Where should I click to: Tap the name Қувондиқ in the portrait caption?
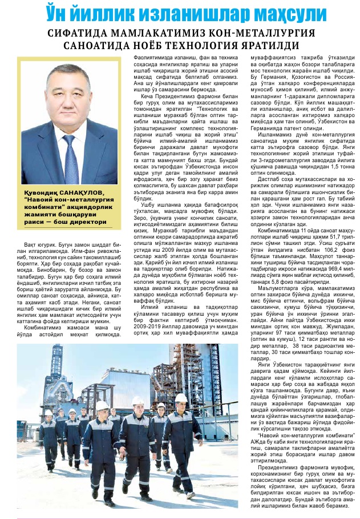pyautogui.click(x=42, y=194)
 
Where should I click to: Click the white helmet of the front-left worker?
pyautogui.click(x=102, y=405)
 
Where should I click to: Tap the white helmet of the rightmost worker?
pyautogui.click(x=181, y=397)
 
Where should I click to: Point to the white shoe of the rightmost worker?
pyautogui.click(x=191, y=495)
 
